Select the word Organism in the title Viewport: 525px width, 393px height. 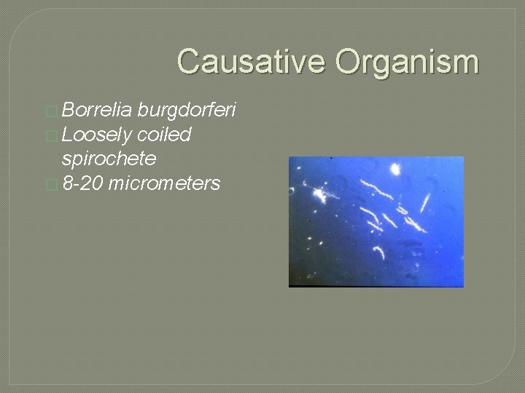[407, 62]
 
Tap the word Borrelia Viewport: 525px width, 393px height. [96, 110]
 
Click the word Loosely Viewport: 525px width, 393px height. [96, 135]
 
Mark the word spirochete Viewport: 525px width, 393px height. [109, 159]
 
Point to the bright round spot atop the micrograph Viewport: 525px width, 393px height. [395, 170]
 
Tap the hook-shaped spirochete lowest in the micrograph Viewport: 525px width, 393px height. [380, 252]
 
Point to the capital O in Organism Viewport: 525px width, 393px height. [349, 62]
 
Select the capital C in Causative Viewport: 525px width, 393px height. [189, 62]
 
